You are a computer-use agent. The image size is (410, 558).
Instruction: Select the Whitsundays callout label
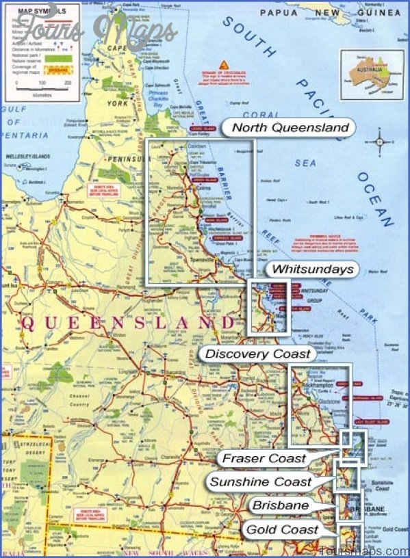(312, 269)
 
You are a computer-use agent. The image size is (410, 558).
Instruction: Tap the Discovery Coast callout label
(258, 354)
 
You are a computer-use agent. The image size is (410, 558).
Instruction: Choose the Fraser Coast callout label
(264, 458)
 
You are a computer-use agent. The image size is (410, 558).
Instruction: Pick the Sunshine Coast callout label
(260, 481)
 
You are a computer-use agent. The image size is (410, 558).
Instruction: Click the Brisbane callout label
(279, 505)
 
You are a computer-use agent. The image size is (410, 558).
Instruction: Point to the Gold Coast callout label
(282, 529)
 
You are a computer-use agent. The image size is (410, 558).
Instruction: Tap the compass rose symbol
(380, 143)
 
